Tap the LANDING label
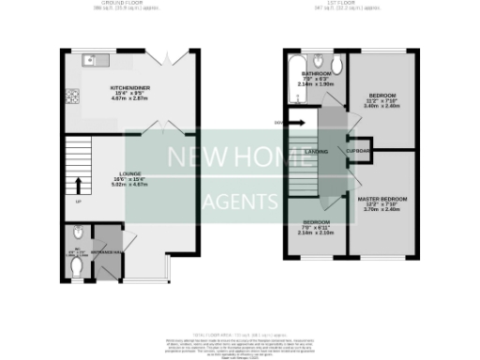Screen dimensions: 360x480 click(x=317, y=150)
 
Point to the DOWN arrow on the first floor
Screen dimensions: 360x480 click(x=299, y=122)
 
